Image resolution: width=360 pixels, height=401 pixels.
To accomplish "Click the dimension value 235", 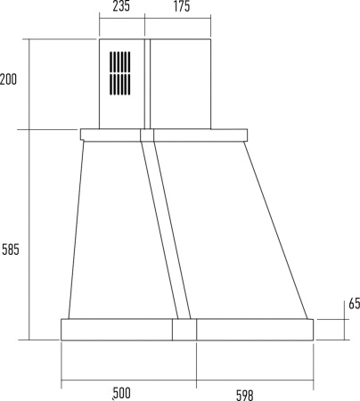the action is tap(121, 6).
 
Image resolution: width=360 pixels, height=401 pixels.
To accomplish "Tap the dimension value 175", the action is tap(182, 6).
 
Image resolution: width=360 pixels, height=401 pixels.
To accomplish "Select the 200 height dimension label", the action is tap(8, 79).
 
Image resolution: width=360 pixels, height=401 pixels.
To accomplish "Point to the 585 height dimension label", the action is tap(11, 250).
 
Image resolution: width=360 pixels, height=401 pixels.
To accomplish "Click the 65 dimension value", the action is tap(354, 303).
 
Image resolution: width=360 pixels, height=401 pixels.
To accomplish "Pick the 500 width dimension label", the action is tap(121, 393).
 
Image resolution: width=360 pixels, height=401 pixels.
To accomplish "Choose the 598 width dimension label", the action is tap(245, 395).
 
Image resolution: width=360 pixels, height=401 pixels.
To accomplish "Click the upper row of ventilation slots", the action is tap(120, 61).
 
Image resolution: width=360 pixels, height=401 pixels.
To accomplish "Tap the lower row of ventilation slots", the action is tap(120, 85).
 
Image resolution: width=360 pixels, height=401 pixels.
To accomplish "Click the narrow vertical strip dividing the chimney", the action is tap(147, 84).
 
